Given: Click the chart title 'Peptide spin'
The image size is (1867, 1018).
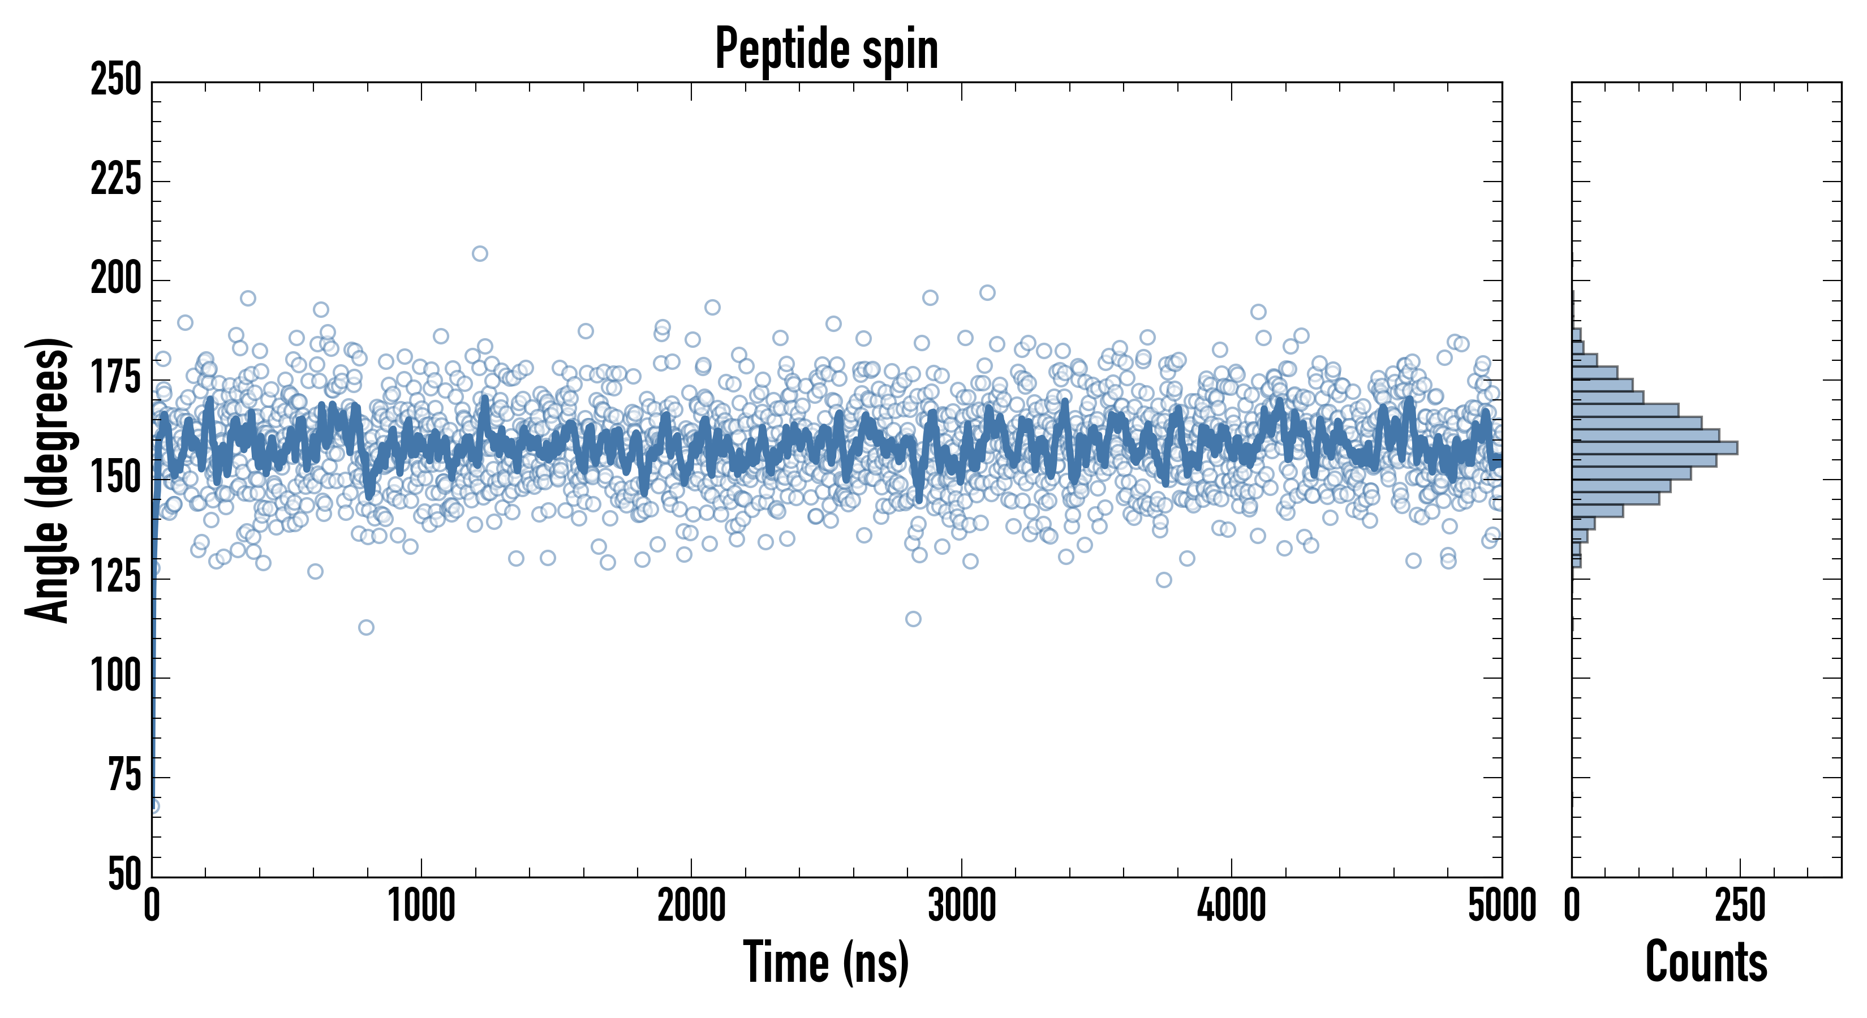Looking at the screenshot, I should [826, 49].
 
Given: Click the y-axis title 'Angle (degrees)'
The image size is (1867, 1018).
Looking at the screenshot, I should [48, 480].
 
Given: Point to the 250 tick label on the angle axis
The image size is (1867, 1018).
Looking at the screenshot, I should [116, 81].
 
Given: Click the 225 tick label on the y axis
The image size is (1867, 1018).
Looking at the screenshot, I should [116, 180].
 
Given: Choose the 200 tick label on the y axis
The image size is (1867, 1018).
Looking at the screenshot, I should [116, 280].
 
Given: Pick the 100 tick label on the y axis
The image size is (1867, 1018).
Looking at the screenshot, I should [116, 678].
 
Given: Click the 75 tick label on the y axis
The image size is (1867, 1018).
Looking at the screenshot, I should [124, 777].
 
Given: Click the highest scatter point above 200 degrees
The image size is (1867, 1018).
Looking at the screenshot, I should [480, 253].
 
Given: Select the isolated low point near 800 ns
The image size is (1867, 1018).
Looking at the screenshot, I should [366, 627].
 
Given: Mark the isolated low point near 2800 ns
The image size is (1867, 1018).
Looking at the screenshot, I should [913, 619].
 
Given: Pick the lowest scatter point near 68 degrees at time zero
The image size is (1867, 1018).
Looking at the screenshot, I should [153, 806].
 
